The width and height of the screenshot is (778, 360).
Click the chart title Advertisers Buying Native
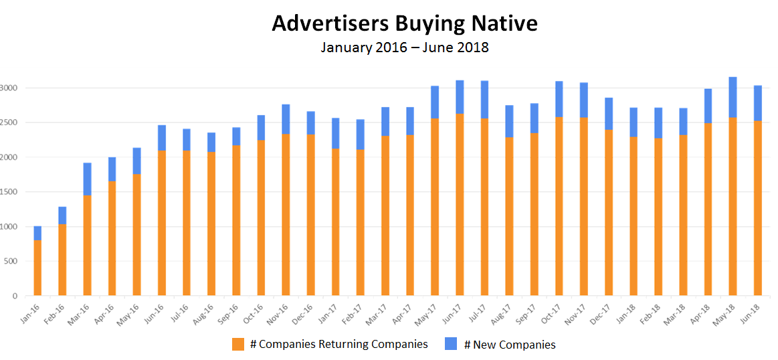(404, 23)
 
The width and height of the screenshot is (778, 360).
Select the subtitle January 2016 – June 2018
(404, 48)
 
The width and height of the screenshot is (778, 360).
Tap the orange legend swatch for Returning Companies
(238, 345)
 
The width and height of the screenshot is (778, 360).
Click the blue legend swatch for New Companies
(451, 345)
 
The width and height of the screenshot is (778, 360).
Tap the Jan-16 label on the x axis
(31, 309)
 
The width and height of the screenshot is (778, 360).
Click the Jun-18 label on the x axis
(752, 309)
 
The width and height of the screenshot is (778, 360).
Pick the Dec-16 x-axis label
(304, 309)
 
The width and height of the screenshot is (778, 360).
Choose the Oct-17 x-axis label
(552, 309)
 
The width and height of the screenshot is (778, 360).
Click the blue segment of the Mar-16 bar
(87, 179)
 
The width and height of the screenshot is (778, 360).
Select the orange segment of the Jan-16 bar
(37, 268)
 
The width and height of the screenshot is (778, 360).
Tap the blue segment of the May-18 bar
(733, 97)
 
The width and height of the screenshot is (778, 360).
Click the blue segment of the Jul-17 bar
(484, 99)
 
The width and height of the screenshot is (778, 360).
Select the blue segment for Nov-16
(286, 119)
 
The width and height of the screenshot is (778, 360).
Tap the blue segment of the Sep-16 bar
(236, 136)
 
